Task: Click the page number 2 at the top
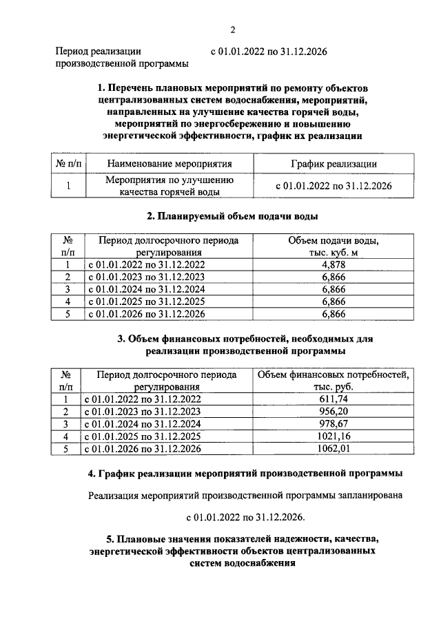click(233, 30)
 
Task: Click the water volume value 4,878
click(333, 264)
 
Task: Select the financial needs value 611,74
click(334, 399)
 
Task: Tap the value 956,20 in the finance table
click(334, 412)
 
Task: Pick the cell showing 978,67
click(334, 424)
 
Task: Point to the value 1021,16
click(334, 436)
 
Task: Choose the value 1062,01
click(334, 449)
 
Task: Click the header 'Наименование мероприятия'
click(170, 164)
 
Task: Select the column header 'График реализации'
click(333, 164)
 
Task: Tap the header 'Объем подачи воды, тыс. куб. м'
click(333, 247)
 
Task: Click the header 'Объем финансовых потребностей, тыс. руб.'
click(334, 381)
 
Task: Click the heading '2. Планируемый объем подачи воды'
click(232, 216)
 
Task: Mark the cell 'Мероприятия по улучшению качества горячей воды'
click(170, 186)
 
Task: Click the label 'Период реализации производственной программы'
click(123, 57)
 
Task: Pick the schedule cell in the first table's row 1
click(333, 186)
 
